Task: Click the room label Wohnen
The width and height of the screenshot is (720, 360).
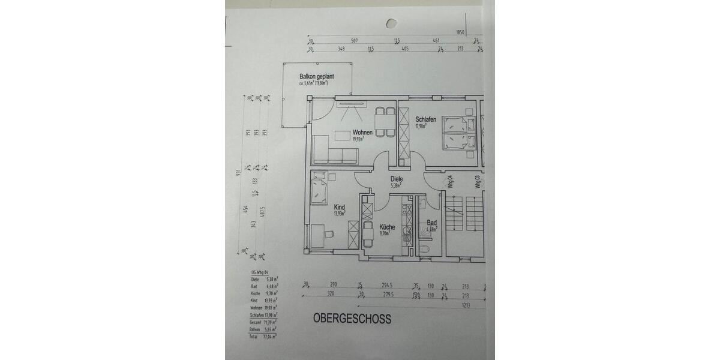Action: (362, 133)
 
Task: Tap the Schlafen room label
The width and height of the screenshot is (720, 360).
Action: (425, 119)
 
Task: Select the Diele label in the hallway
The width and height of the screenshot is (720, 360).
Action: (396, 179)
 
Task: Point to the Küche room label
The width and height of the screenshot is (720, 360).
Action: (387, 227)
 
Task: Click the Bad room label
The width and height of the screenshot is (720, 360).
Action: (431, 223)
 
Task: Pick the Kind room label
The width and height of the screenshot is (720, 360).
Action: (339, 207)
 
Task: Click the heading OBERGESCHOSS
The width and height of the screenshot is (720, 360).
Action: (352, 319)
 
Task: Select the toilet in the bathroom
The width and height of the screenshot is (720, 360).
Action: (425, 248)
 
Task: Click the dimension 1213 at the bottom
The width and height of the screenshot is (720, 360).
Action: (466, 306)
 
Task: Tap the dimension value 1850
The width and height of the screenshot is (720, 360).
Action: (461, 32)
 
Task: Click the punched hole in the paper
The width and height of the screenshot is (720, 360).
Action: (391, 23)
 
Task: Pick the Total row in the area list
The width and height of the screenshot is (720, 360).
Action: (264, 338)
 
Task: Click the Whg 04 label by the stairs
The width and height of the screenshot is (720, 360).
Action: (450, 182)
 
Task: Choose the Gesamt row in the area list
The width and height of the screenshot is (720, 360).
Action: (264, 323)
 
